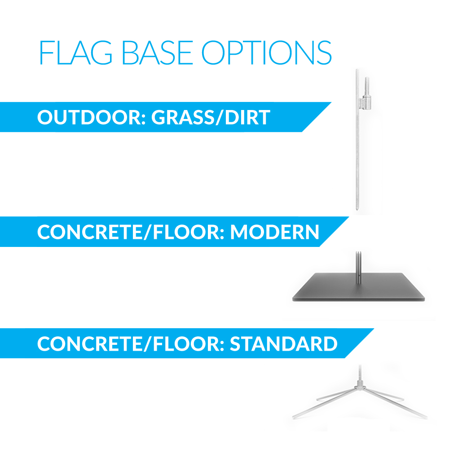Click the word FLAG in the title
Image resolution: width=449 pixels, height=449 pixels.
75,53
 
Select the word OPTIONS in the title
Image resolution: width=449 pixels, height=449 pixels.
267,53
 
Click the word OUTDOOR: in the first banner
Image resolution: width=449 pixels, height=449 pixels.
92,117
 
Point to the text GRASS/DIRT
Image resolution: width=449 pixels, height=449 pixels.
211,117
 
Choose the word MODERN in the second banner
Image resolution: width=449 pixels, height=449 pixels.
275,232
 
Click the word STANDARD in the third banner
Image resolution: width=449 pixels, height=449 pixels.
284,343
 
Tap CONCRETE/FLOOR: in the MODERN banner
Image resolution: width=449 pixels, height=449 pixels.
131,232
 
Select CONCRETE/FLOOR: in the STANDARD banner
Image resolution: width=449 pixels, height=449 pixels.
131,343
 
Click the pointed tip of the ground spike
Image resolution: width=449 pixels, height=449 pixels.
357,209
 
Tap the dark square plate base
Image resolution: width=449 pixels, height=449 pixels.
358,287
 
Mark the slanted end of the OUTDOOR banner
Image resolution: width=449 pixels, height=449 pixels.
317,117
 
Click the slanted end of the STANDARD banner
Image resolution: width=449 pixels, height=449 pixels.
359,343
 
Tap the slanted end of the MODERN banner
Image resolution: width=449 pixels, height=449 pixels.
334,232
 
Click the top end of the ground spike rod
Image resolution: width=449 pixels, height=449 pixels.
357,70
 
